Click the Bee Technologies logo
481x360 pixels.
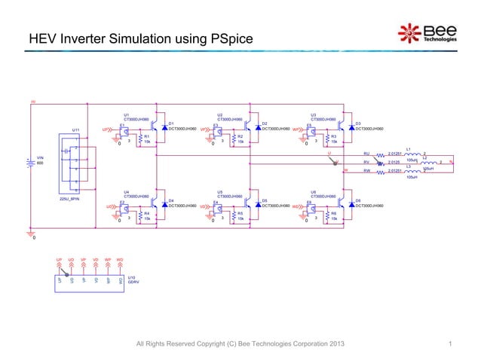[427, 32]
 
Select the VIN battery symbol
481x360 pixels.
[30, 161]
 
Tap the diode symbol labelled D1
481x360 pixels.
[164, 129]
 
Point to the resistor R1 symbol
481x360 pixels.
[140, 139]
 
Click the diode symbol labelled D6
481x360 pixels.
[351, 204]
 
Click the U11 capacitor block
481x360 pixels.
[75, 163]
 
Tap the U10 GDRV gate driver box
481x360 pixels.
[89, 279]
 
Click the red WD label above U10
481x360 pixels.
[120, 260]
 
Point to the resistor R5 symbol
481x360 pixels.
[234, 216]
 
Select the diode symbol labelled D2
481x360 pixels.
[257, 129]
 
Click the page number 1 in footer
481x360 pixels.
[449, 344]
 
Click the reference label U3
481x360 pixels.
[314, 114]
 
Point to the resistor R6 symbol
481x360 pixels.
[327, 216]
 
